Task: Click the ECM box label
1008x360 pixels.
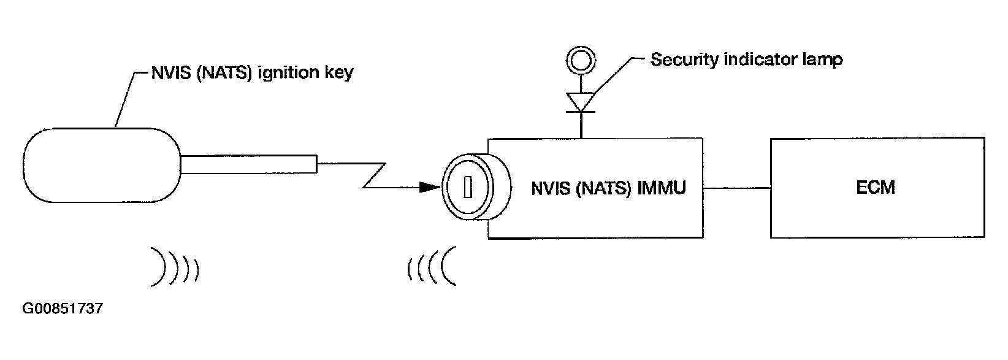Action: [x=875, y=187]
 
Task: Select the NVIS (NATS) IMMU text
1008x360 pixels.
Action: [x=608, y=188]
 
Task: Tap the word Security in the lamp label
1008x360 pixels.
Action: [x=684, y=60]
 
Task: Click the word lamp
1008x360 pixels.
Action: [x=821, y=60]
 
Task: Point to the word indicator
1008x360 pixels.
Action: [x=760, y=59]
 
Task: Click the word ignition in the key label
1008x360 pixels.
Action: [x=287, y=72]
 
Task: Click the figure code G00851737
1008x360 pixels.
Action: [x=63, y=308]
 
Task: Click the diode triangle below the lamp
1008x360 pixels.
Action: [x=581, y=102]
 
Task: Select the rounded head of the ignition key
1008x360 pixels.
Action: [x=102, y=165]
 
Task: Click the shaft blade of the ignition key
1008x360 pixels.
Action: [x=249, y=164]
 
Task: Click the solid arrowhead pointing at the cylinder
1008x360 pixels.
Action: [x=430, y=187]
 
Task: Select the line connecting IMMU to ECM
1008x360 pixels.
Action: [x=736, y=188]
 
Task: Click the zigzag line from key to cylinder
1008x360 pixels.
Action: [x=373, y=175]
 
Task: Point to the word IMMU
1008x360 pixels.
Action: [x=662, y=188]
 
